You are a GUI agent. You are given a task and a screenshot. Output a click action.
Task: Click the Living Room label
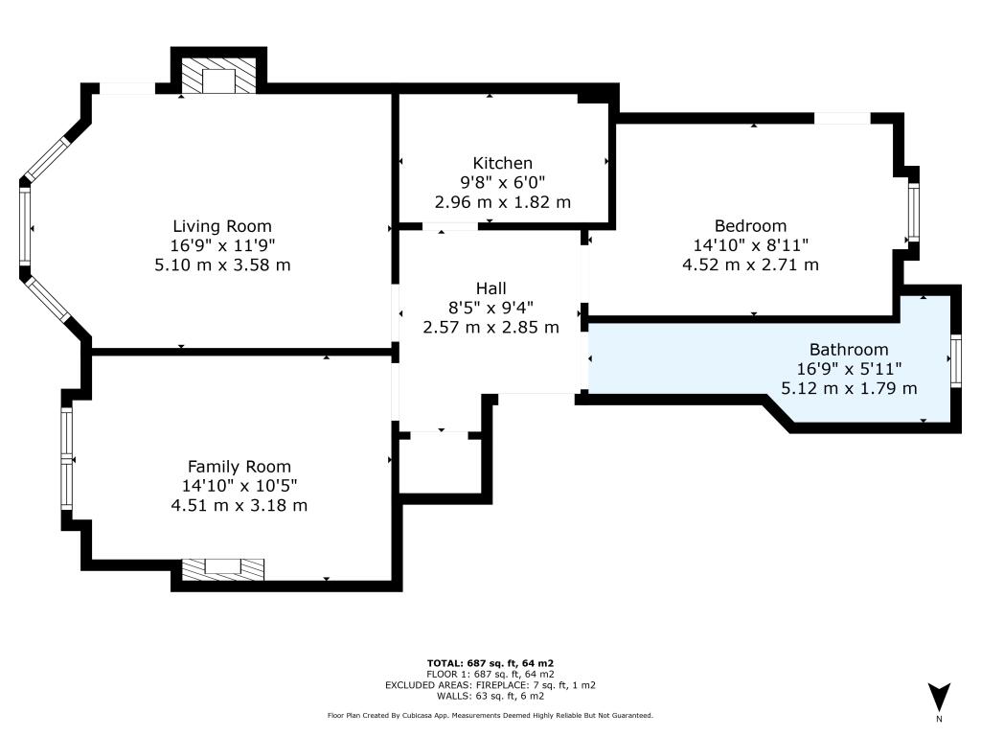(x=222, y=226)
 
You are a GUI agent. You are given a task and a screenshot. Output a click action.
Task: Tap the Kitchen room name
(x=502, y=163)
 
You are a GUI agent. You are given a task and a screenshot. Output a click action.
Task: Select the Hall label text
(x=491, y=287)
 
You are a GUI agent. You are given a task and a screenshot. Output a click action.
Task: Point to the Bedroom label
(x=750, y=225)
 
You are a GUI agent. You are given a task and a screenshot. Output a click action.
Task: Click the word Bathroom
(x=849, y=349)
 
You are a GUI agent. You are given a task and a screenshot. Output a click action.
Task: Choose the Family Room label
(x=239, y=467)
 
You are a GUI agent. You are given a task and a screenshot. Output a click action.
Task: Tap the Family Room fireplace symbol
(x=222, y=569)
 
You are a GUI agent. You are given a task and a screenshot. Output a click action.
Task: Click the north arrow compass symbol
(x=939, y=698)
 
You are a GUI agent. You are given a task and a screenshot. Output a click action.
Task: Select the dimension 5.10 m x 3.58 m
(x=222, y=264)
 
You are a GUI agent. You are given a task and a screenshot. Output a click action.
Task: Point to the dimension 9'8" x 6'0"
(x=502, y=182)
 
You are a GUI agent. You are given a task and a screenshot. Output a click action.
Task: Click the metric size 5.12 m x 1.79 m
(x=849, y=388)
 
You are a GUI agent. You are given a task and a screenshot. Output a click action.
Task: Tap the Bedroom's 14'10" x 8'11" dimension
(x=750, y=244)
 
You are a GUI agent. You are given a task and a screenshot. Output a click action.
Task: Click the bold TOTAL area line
(x=490, y=663)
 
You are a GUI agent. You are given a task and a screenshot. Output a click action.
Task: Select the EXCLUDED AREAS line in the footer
(x=490, y=684)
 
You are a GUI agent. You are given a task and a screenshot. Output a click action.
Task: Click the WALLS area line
(x=490, y=696)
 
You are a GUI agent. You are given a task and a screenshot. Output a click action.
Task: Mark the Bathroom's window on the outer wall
(x=956, y=359)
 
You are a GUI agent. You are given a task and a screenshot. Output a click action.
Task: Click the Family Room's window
(x=66, y=459)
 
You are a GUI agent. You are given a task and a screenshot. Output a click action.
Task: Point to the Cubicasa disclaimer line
(x=490, y=715)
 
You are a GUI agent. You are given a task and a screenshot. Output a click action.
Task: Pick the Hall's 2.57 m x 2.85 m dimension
(x=491, y=327)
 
